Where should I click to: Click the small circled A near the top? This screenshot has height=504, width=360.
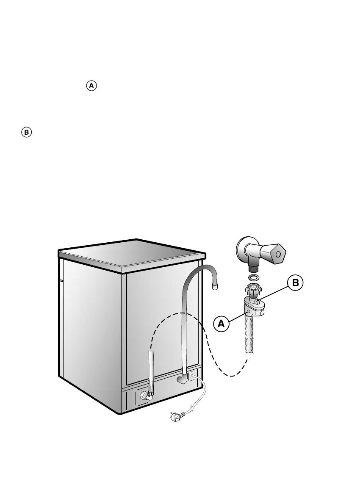coord(92,86)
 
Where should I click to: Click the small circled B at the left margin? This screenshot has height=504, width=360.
coord(26,133)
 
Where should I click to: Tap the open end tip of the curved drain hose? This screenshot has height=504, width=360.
coord(216,287)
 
